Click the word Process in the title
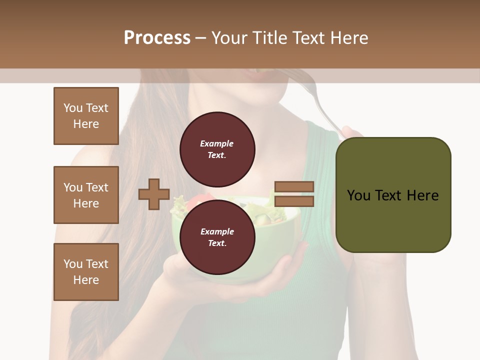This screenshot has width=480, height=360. click(157, 38)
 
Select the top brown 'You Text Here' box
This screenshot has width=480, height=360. click(86, 116)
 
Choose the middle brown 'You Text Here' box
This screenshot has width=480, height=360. click(86, 195)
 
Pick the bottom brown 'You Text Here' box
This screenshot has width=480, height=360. click(86, 272)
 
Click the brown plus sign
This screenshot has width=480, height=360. click(154, 194)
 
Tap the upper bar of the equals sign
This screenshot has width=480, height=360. click(294, 186)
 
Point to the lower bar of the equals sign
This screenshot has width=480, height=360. click(294, 201)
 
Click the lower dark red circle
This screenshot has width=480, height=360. click(217, 237)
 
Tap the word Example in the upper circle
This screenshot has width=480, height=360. click(216, 143)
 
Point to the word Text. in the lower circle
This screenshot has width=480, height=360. click(216, 243)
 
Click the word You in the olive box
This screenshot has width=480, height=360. click(358, 195)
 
